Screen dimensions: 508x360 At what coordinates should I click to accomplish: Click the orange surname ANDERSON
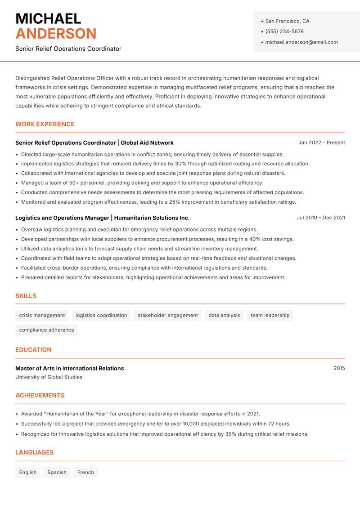point(56,34)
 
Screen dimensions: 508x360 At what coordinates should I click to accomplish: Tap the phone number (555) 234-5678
point(284,31)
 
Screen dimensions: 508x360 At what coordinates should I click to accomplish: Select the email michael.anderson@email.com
point(301,42)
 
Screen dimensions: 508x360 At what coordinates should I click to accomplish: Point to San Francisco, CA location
point(287,21)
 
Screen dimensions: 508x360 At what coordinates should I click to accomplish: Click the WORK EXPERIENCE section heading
point(45,124)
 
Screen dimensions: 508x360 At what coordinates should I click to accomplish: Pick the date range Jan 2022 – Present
point(321,143)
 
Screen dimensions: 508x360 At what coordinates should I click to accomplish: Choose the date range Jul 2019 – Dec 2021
point(321,218)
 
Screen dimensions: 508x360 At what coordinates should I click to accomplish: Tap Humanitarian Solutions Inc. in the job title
point(152,218)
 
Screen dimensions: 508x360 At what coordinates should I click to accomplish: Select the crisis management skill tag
point(42,316)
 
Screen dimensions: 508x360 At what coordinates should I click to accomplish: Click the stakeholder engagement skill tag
point(167,316)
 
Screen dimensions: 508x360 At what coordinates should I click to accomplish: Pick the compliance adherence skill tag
point(46,330)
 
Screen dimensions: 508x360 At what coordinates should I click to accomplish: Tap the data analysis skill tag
point(224,316)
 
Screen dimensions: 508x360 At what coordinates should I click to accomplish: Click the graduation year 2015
point(339,368)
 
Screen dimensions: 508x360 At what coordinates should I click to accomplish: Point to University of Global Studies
point(49,377)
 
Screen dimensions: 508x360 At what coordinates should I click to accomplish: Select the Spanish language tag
point(57,472)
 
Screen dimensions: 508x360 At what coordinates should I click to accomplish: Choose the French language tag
point(85,472)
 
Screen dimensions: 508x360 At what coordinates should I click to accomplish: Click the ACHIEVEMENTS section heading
point(40,396)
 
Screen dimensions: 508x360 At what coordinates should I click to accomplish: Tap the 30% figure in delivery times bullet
point(181,164)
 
